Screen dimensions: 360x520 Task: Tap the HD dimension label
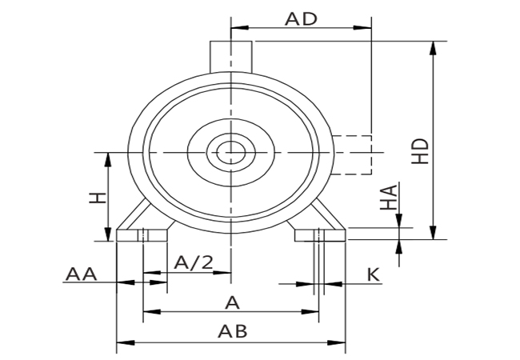click(421, 150)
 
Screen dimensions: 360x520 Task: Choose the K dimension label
click(373, 274)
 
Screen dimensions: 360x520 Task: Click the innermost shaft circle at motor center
click(230, 151)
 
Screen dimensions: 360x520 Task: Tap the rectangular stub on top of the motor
click(231, 56)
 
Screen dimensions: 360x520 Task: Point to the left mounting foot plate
click(142, 235)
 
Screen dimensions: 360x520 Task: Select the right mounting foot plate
click(320, 235)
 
